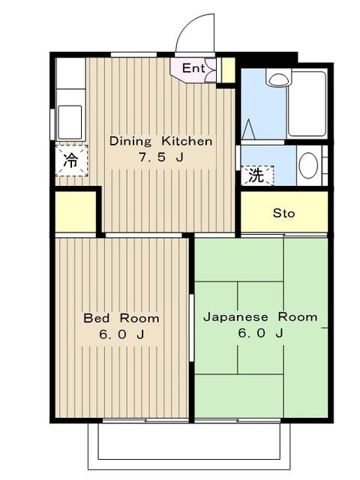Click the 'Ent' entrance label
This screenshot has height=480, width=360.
click(x=193, y=68)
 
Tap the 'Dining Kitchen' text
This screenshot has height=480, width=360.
click(x=160, y=141)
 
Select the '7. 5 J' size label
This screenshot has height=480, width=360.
click(x=161, y=157)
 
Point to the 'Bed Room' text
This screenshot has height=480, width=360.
click(x=121, y=318)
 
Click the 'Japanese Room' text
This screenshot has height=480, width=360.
click(x=260, y=316)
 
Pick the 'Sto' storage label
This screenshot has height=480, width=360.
click(x=283, y=213)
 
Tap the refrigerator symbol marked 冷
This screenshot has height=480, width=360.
click(x=72, y=160)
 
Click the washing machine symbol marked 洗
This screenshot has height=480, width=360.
click(x=257, y=175)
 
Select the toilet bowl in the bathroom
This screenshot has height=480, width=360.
click(x=278, y=78)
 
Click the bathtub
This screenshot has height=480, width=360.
click(x=307, y=104)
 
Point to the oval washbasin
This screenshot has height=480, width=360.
click(x=308, y=165)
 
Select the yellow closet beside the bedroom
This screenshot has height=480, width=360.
click(x=76, y=211)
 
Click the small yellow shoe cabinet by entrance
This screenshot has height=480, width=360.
click(x=228, y=70)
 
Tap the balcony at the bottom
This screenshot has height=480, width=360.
click(x=189, y=446)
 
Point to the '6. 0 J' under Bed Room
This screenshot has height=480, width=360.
click(x=121, y=334)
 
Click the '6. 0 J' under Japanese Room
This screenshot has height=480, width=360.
click(x=260, y=333)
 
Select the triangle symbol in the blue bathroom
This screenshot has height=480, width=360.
click(x=248, y=130)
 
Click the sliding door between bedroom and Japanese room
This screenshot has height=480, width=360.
click(x=192, y=328)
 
